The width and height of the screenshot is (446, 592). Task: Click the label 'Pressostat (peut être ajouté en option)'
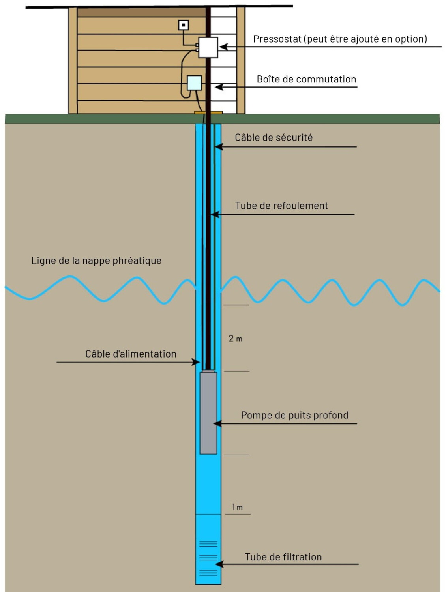click(340, 39)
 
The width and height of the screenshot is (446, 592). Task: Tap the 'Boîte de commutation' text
click(306, 79)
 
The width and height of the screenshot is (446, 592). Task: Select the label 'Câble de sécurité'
click(274, 137)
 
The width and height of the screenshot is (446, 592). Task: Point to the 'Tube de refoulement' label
click(281, 206)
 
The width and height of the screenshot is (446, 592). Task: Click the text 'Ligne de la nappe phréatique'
click(96, 260)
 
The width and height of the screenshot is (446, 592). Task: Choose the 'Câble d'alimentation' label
click(131, 354)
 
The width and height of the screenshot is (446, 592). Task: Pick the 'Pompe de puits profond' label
click(294, 415)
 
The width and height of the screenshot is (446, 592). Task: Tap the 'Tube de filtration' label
click(283, 557)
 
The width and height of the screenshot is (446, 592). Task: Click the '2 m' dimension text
click(235, 339)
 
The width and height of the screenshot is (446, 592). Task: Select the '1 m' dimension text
click(237, 507)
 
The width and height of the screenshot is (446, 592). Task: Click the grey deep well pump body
click(208, 412)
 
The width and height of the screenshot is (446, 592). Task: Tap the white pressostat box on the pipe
click(208, 47)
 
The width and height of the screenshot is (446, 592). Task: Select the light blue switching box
click(194, 83)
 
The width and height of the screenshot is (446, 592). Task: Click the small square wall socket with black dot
click(183, 25)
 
